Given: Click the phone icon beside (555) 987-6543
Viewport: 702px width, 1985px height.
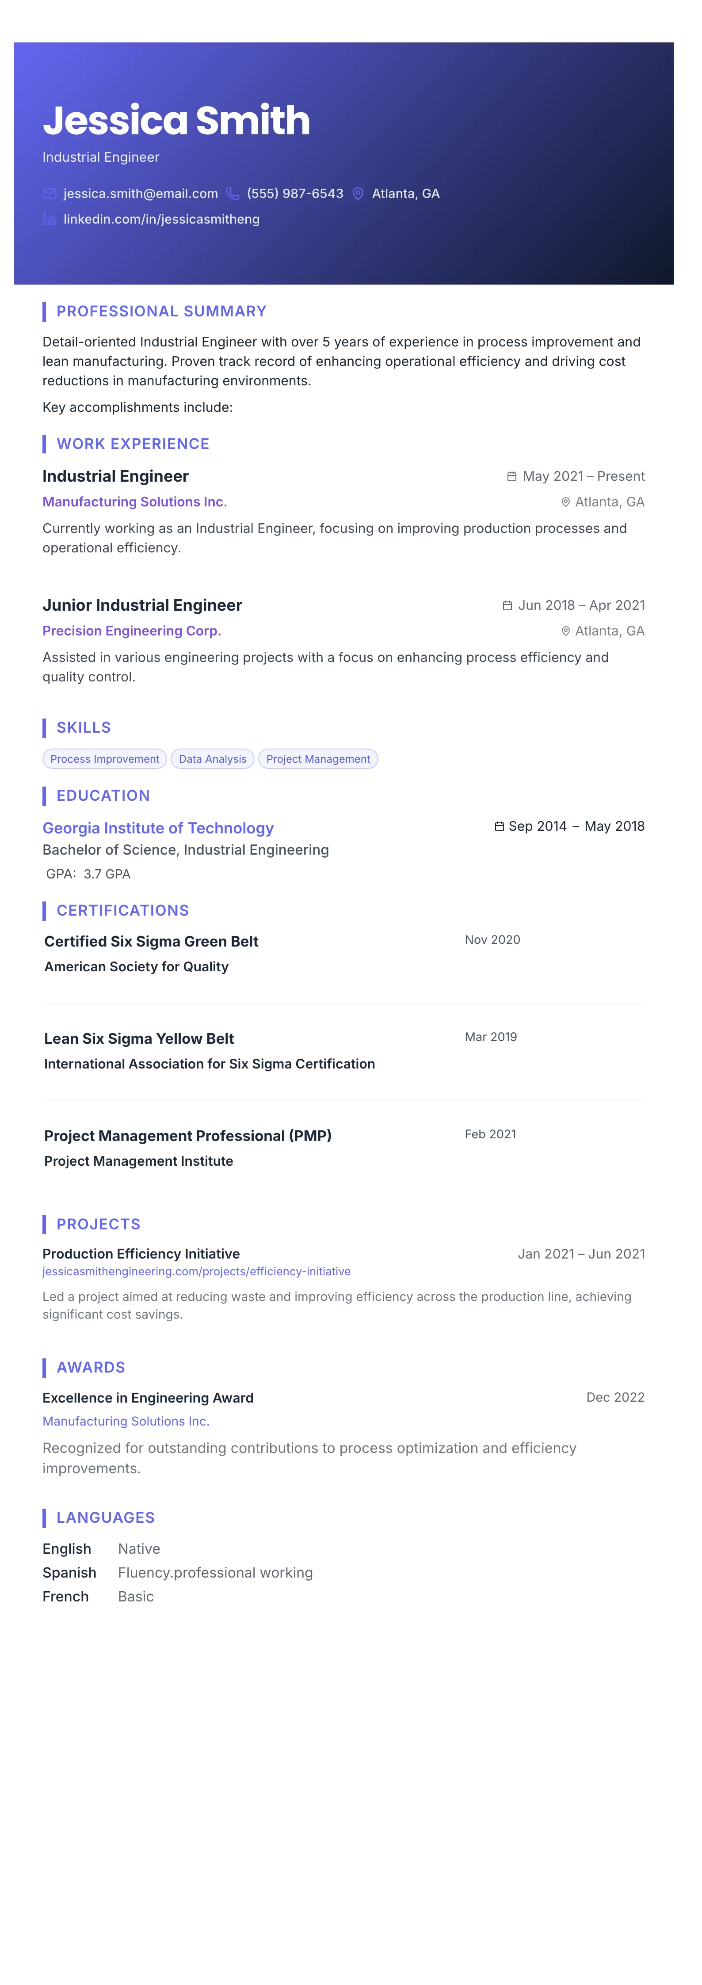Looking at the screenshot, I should point(232,194).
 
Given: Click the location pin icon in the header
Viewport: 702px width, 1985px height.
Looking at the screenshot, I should point(358,194).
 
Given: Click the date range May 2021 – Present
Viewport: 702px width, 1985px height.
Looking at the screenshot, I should point(584,476).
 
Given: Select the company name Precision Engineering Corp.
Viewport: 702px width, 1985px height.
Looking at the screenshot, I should point(132,631).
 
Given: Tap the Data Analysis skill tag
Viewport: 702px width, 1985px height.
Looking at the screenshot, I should point(213,759).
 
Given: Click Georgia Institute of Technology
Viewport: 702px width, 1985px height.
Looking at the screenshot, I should point(158,829).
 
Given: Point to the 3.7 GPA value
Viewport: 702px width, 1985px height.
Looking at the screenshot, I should point(107,874).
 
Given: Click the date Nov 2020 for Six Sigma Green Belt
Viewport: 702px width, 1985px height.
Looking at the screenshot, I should point(492,940).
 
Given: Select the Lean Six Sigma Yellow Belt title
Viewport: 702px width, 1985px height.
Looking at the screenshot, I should point(139,1039).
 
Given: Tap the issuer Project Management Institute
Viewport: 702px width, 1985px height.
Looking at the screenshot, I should point(139,1161).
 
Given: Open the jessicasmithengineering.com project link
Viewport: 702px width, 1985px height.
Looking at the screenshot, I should point(197,1271).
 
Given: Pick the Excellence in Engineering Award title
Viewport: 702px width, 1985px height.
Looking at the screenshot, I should point(148,1398).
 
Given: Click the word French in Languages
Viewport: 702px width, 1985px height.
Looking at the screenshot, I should point(65,1597).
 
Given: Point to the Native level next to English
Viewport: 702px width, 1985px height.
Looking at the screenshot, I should point(139,1549).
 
